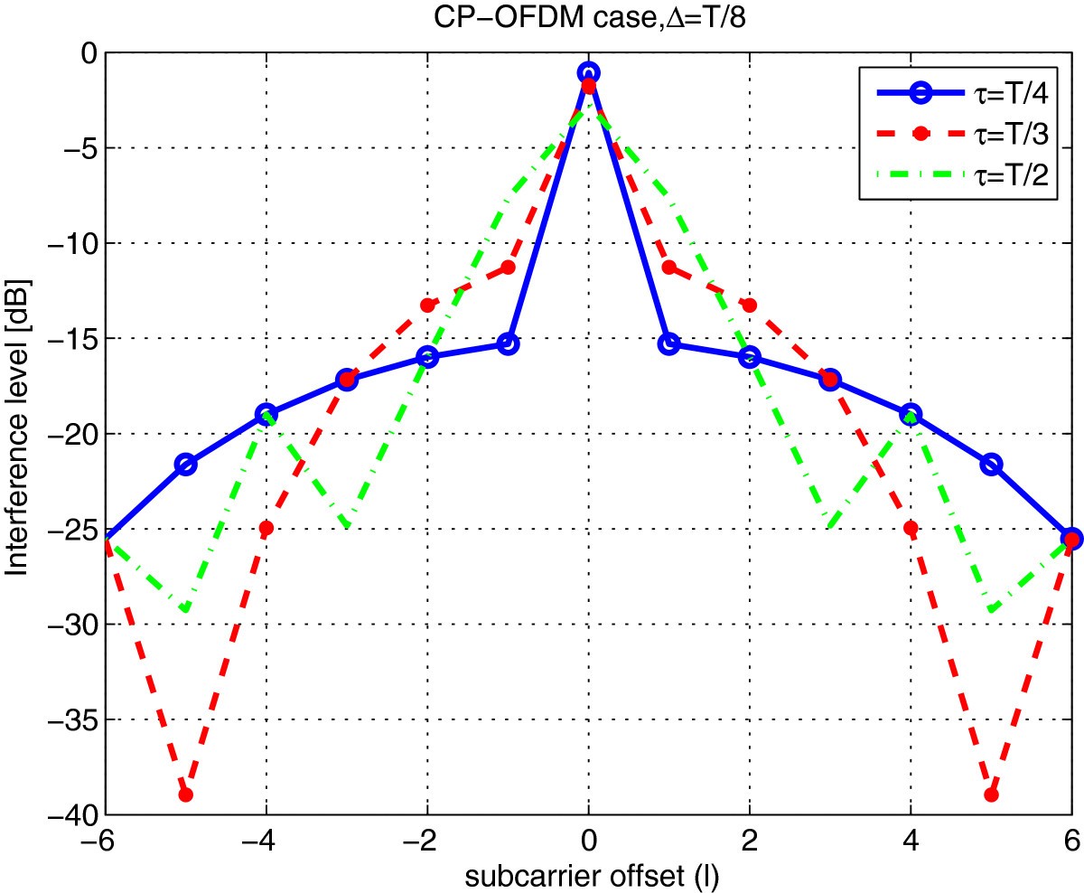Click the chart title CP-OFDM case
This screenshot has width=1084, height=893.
[x=588, y=18]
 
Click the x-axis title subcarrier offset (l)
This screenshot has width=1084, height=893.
[x=588, y=875]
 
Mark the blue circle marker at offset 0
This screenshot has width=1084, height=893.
[x=588, y=72]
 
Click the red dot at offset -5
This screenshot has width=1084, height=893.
[x=185, y=794]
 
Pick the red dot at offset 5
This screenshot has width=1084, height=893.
[x=991, y=794]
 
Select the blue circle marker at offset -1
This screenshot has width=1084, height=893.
[x=508, y=343]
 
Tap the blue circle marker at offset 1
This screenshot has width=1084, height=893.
[x=668, y=343]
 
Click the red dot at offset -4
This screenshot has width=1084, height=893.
[x=266, y=528]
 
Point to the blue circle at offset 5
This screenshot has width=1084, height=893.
[x=991, y=464]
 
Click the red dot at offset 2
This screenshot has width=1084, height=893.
[x=749, y=305]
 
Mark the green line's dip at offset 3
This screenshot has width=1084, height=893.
[x=829, y=526]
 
